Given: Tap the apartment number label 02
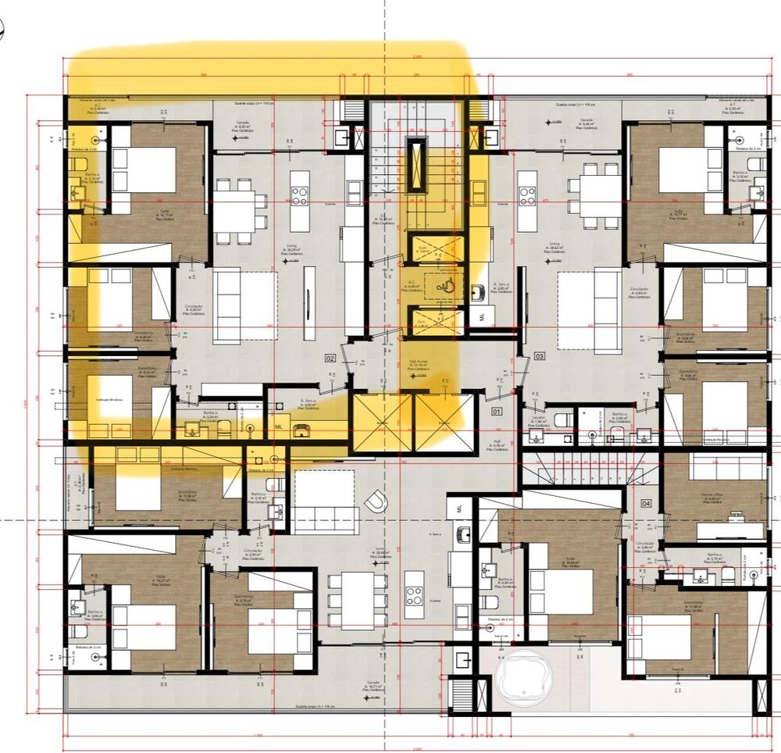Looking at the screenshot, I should coord(330,358).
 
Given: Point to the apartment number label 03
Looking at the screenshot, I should coord(539,356).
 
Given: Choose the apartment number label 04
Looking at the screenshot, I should coord(646,503).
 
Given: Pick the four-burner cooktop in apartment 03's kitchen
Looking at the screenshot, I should coord(526,193).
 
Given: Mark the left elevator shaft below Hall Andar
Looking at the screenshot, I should coord(381,423).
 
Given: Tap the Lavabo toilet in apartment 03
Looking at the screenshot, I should coord(562,423).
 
